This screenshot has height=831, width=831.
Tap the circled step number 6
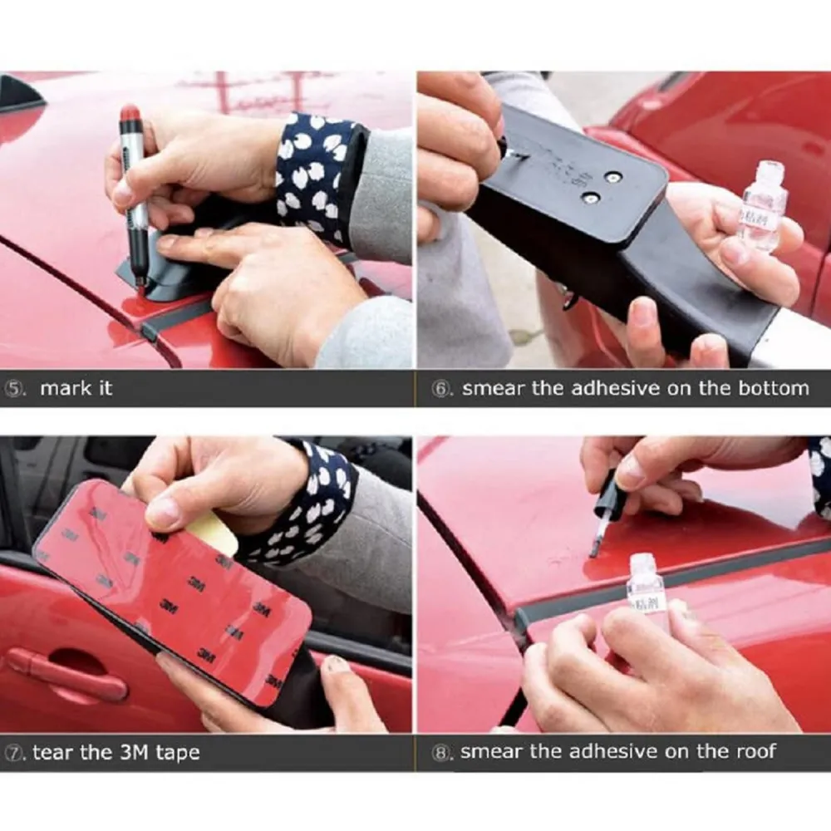point(441,388)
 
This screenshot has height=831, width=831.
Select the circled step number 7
point(17,753)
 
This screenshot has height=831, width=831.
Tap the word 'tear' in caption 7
point(50,753)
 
